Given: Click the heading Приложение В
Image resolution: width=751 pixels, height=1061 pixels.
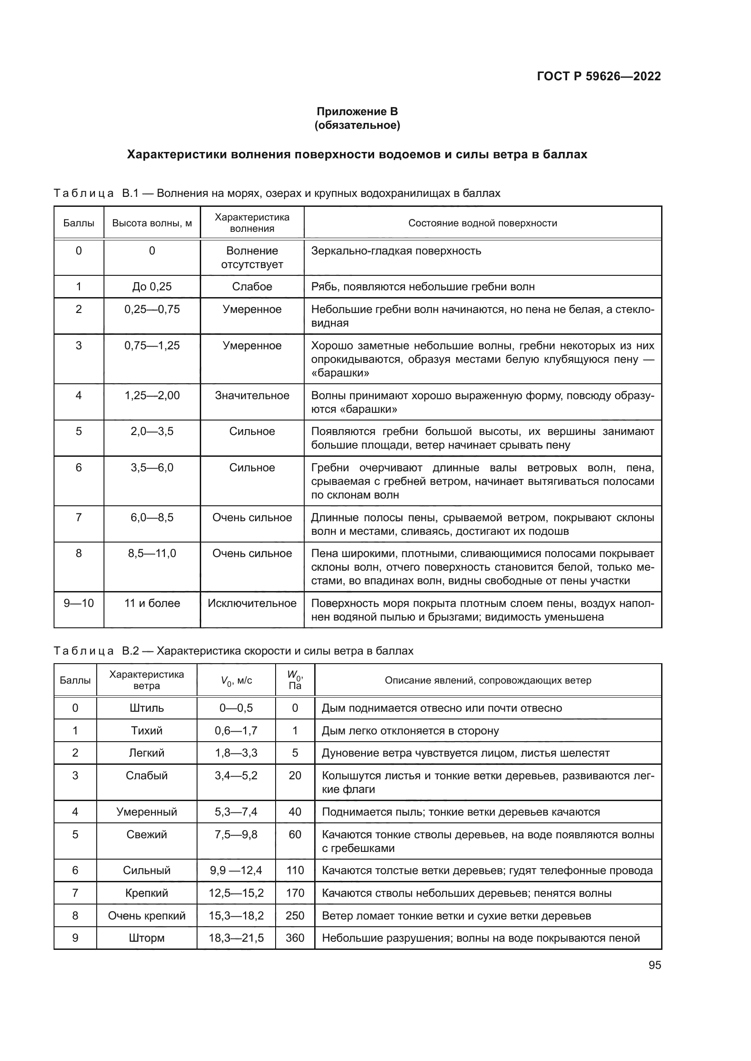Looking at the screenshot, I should point(357,112).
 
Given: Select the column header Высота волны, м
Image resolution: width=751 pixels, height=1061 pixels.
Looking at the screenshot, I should point(152,223).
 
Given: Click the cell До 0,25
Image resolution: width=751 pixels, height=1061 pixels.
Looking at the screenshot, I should point(152,287).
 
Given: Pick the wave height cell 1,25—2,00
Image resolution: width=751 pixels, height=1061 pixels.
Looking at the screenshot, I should point(152,396).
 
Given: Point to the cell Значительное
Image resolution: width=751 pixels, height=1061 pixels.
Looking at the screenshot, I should point(252,396).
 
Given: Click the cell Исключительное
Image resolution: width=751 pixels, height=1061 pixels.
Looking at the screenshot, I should point(252,603).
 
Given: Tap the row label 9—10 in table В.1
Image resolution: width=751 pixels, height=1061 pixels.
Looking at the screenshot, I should point(79,603).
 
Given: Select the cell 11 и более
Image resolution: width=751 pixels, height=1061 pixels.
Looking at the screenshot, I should point(152,603).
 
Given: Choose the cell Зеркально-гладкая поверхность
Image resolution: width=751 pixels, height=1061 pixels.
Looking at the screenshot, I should point(396,251).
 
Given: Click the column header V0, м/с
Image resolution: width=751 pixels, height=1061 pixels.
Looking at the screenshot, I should point(236,681).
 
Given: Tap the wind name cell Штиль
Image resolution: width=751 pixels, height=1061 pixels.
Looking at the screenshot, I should point(147,708).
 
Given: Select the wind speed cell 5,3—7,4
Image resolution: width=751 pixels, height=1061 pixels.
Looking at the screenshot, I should point(236,812).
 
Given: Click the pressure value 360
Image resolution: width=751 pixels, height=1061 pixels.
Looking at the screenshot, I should point(295,938).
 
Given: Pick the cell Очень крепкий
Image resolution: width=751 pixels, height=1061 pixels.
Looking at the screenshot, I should point(147,915).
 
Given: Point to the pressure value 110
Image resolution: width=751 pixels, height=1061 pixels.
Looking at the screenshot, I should point(295,870).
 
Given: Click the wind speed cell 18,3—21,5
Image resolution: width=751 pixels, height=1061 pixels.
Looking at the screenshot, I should point(236,938).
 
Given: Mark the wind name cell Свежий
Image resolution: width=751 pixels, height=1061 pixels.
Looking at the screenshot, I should point(147,835).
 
